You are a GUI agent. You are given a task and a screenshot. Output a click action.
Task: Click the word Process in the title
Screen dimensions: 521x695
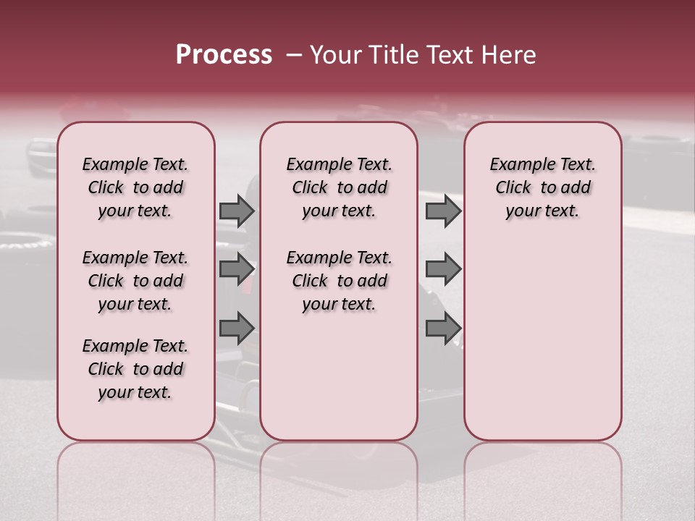[224, 55]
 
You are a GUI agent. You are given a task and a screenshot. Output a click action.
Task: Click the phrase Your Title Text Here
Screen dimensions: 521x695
[423, 55]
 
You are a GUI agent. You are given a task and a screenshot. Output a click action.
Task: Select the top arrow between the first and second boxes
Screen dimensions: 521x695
[237, 211]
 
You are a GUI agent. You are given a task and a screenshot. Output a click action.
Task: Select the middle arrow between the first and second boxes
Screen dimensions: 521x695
[237, 269]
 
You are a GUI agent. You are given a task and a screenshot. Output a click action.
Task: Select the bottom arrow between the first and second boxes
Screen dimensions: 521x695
[237, 328]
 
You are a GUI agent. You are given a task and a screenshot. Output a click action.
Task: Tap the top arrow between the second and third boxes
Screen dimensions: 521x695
[443, 211]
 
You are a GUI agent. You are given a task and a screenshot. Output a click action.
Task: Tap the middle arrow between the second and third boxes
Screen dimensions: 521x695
[443, 269]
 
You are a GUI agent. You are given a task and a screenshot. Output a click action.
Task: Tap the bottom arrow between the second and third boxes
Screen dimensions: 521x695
[443, 328]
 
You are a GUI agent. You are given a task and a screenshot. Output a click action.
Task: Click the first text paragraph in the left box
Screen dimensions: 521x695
[135, 187]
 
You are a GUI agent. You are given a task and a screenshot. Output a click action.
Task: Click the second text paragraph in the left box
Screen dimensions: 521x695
[135, 281]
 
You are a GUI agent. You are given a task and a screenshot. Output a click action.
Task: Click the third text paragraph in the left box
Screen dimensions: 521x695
[135, 369]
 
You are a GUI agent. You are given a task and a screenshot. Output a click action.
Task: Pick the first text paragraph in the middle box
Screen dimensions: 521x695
[339, 187]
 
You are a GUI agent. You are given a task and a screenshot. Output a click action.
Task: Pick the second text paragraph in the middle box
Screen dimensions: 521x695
[339, 281]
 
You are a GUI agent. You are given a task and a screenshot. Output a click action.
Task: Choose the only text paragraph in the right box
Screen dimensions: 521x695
[542, 187]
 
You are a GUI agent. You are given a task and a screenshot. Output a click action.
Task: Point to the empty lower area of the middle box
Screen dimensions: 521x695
[339, 376]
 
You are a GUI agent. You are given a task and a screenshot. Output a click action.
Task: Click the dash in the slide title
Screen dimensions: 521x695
[294, 56]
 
